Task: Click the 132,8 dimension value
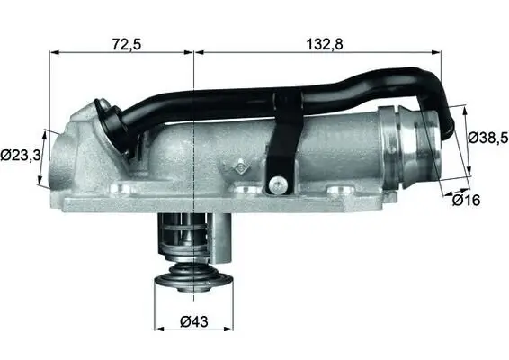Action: (320, 42)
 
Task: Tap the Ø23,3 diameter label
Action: (20, 155)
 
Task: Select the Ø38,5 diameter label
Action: (488, 138)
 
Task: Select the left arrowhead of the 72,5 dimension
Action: (53, 52)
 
